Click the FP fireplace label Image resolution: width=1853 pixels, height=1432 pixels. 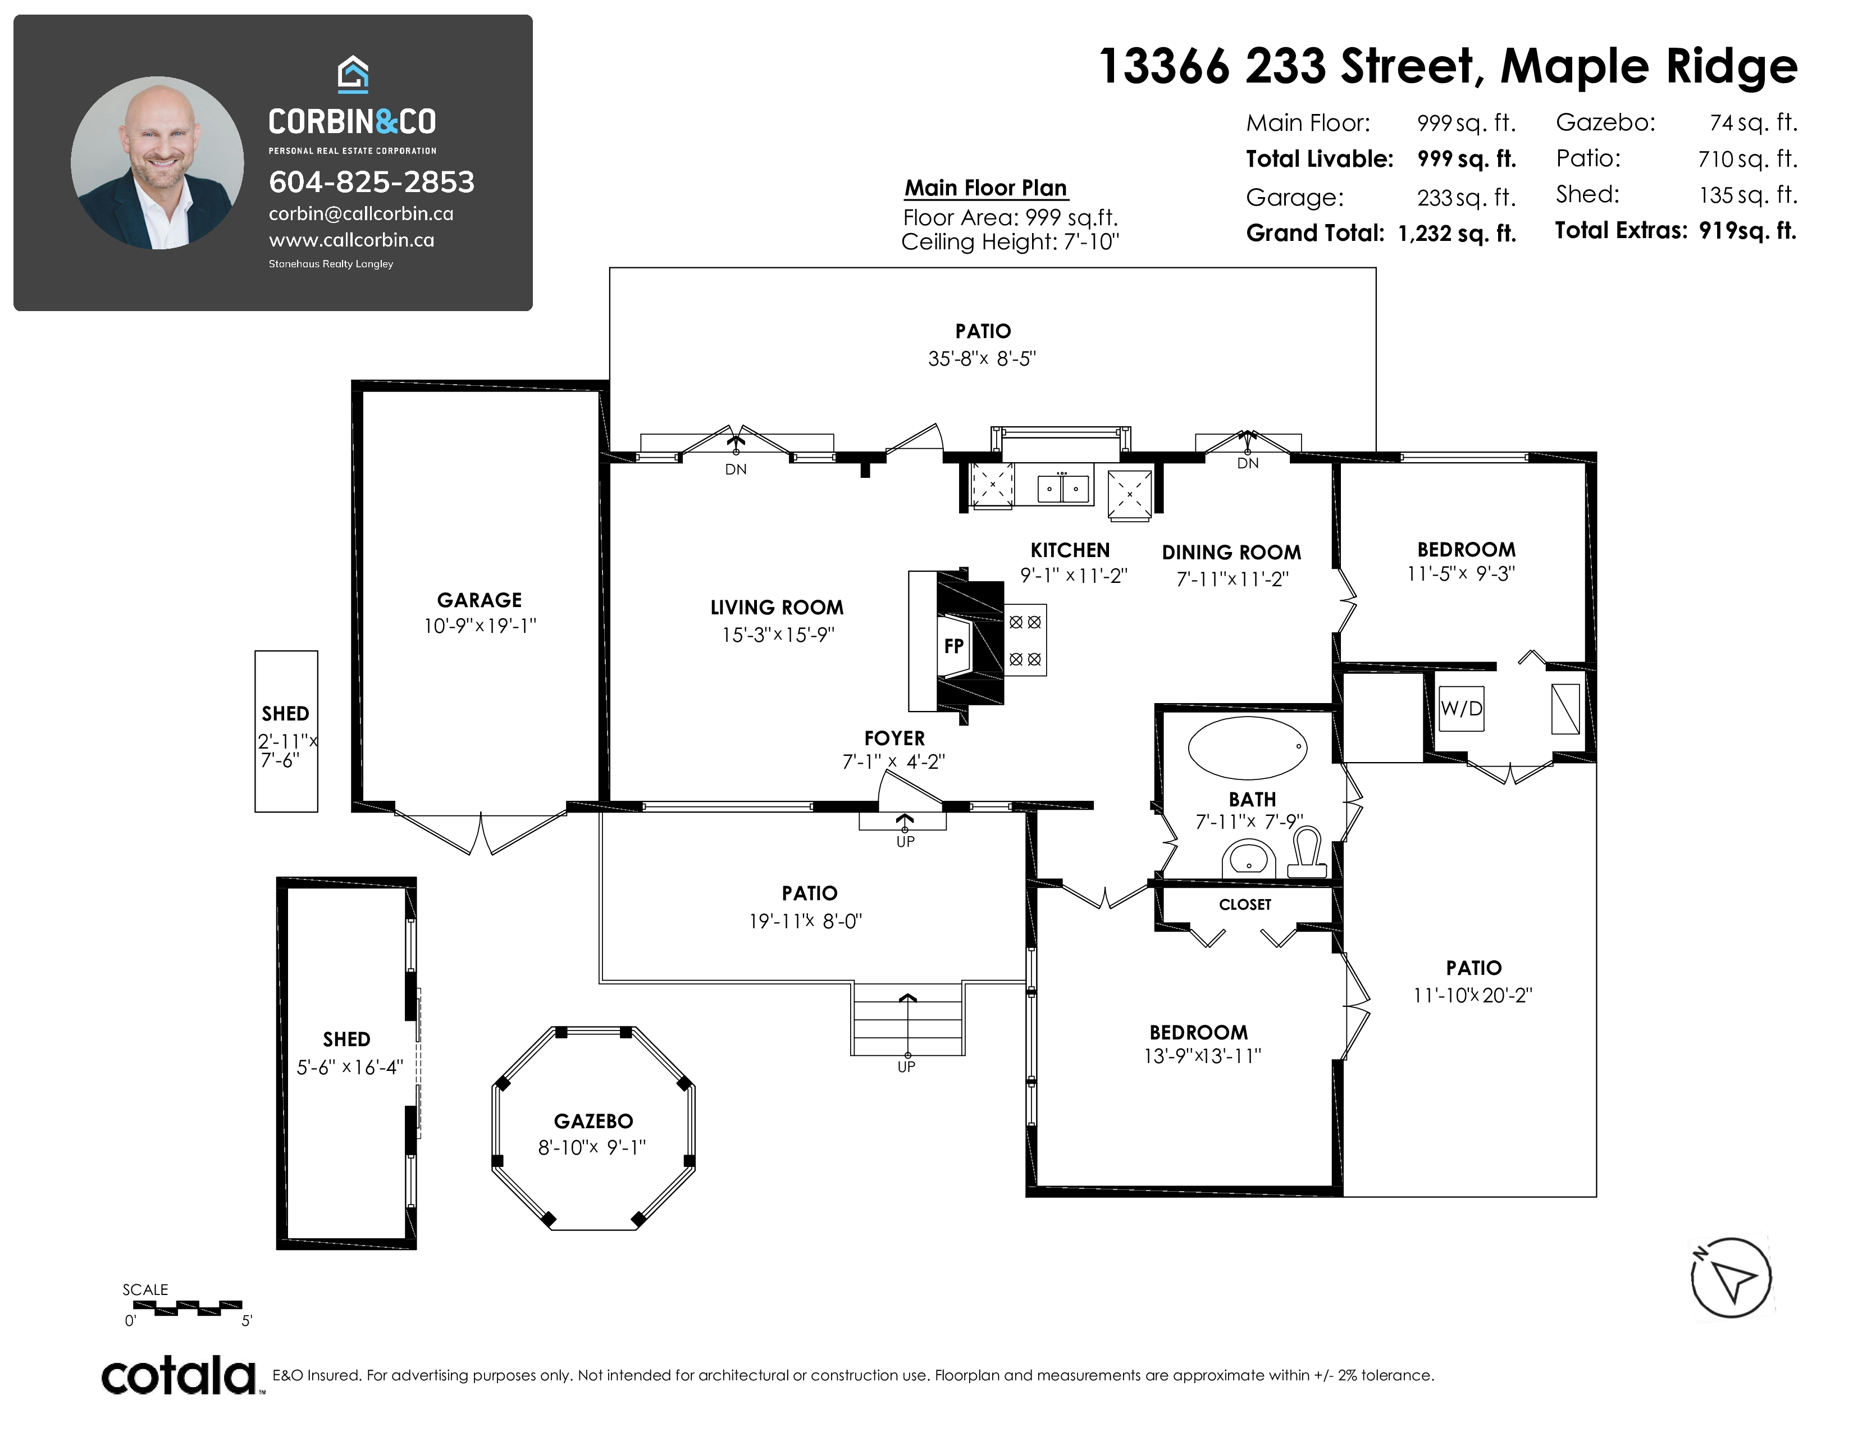(953, 646)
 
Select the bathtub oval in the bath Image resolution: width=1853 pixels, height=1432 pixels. (1247, 747)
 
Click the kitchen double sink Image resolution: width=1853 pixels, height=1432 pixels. (1063, 489)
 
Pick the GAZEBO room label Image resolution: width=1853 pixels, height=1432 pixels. (593, 1121)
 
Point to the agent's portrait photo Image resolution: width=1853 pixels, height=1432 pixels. (157, 163)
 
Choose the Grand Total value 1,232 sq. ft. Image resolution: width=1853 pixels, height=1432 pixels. (1457, 233)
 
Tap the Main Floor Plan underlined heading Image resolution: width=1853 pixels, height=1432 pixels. (986, 188)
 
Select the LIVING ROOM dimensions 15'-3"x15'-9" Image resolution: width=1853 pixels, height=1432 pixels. (778, 635)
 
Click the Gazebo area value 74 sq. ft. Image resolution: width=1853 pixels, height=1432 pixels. (1753, 123)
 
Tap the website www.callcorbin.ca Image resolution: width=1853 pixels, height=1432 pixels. (352, 241)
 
